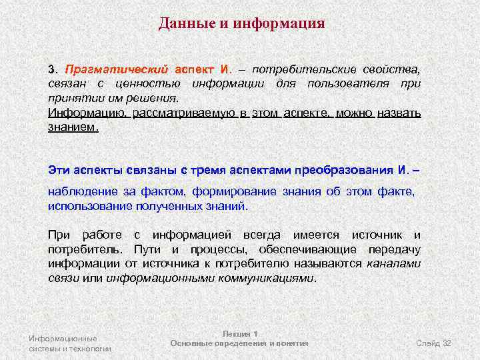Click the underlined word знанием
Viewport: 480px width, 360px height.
click(x=73, y=127)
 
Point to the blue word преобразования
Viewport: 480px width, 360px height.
click(x=331, y=170)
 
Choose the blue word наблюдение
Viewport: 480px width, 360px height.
click(x=83, y=192)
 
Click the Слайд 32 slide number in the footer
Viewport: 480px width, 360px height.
click(x=434, y=343)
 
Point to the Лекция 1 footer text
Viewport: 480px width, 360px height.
click(x=239, y=333)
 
